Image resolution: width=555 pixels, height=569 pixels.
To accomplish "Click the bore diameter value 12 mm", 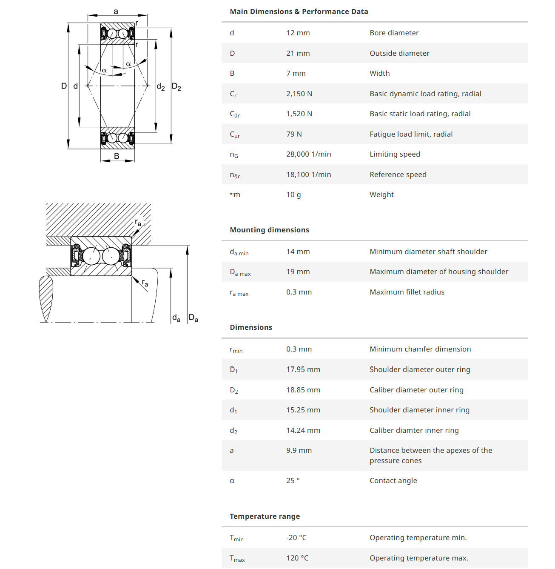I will point(298,33).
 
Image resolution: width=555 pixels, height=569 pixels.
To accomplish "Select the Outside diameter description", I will point(399,53).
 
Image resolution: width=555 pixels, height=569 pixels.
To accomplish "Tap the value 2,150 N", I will point(299,94).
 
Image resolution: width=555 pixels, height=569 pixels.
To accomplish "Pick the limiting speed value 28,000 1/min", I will point(308,154).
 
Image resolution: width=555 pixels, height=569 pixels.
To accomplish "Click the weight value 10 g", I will point(293,194).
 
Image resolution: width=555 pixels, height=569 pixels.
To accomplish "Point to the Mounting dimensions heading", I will point(269,230).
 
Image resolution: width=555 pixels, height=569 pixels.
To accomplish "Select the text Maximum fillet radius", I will point(407,292).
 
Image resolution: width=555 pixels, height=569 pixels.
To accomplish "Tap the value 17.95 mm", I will point(303,369).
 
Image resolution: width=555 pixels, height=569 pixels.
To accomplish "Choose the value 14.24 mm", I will point(303,430).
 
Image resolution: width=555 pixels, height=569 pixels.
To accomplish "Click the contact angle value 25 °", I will point(293,480).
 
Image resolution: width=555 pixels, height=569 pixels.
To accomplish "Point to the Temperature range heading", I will point(265,516).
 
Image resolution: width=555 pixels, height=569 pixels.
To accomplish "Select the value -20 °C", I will point(296,538).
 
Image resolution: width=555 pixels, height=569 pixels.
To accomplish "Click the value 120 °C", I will point(297,558).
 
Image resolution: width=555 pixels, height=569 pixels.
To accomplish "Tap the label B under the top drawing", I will point(117,156).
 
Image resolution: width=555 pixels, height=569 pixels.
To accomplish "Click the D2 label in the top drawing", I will point(176,87).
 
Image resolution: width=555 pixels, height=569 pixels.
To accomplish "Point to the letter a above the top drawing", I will point(116,11).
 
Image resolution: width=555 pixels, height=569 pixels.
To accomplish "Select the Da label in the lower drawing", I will point(193,317).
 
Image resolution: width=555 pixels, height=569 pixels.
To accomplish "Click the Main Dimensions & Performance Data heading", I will point(299,11).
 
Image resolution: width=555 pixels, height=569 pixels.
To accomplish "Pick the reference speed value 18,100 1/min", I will point(308,174).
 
